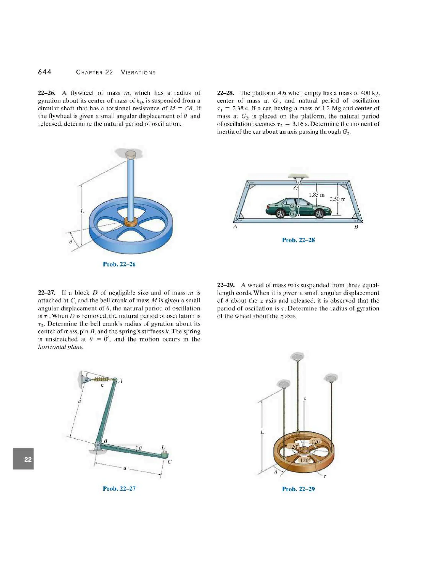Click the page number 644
(x=45, y=72)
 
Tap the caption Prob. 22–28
(x=298, y=240)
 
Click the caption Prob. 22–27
(x=119, y=488)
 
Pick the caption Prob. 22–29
(x=298, y=489)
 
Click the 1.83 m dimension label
(x=316, y=195)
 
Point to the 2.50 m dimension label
(x=337, y=199)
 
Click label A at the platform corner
(x=235, y=226)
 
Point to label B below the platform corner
(x=356, y=227)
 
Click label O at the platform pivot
(x=295, y=188)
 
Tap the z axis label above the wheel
(x=305, y=398)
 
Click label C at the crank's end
(x=170, y=462)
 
